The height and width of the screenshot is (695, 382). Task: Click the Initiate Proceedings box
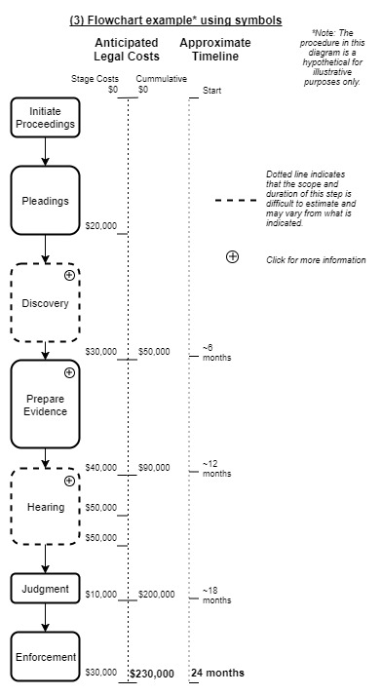[x=45, y=117]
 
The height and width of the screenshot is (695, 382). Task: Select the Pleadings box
[x=45, y=201]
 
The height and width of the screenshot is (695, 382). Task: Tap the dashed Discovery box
[x=45, y=303]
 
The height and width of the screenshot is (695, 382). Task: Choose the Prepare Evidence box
[x=45, y=405]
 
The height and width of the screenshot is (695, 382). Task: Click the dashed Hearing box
[x=45, y=507]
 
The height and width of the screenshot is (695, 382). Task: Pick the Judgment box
[x=45, y=589]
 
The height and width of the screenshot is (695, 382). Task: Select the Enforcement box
[x=45, y=657]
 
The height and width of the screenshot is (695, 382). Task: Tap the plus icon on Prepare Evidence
[x=69, y=372]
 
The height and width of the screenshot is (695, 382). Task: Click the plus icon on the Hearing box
[x=69, y=481]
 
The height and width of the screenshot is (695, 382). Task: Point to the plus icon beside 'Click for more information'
[x=232, y=257]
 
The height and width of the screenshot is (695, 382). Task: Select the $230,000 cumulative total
[x=152, y=674]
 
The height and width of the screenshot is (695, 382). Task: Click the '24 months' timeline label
[x=217, y=674]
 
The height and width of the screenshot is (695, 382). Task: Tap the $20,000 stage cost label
[x=101, y=226]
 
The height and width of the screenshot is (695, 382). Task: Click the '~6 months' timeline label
[x=216, y=353]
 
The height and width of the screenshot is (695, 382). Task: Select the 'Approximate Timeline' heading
[x=214, y=50]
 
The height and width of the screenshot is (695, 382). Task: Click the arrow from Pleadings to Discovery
[x=45, y=250]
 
